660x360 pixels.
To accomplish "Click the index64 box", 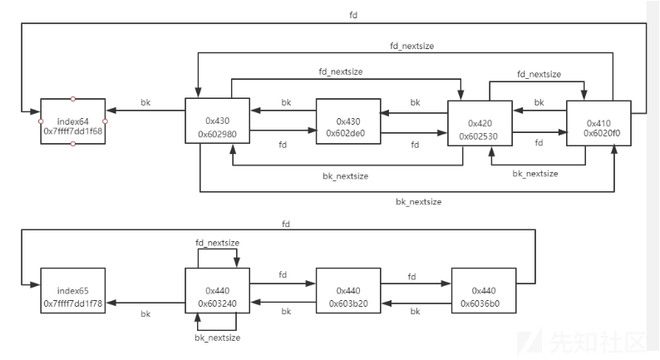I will pyautogui.click(x=73, y=121).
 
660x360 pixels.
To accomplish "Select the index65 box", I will pyautogui.click(x=73, y=296).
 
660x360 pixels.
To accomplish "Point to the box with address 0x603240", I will pyautogui.click(x=216, y=296).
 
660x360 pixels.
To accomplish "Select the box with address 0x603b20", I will pyautogui.click(x=348, y=296).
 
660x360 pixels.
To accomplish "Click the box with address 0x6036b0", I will pyautogui.click(x=484, y=296).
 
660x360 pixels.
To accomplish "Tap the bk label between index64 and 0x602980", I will pyautogui.click(x=145, y=102).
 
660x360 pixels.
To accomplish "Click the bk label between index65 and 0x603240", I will pyautogui.click(x=145, y=314).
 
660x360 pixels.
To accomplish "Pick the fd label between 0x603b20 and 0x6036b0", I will pyautogui.click(x=411, y=274).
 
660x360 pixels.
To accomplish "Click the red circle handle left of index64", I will pyautogui.click(x=41, y=121).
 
